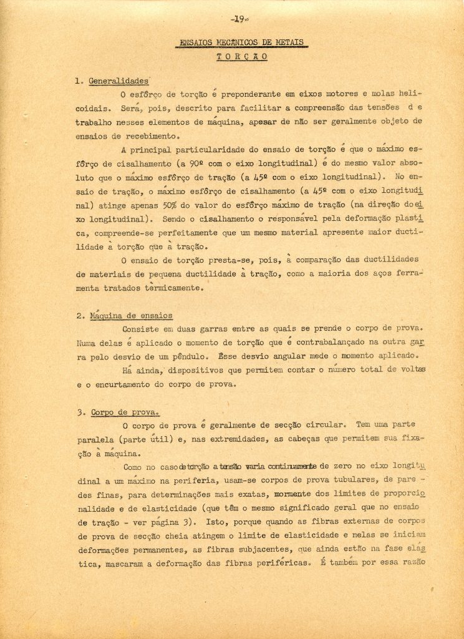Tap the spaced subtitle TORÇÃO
[243, 56]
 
